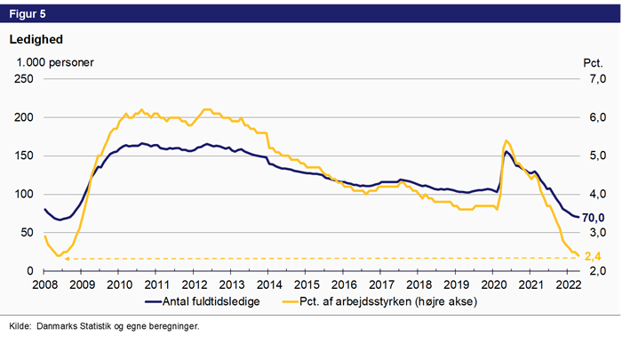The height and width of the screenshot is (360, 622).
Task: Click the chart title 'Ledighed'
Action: click(36, 39)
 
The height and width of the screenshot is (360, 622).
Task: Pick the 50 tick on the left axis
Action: click(27, 232)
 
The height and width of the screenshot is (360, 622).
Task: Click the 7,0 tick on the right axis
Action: click(594, 79)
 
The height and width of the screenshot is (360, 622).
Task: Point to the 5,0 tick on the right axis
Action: click(594, 156)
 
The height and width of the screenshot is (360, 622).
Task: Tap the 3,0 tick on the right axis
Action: click(594, 232)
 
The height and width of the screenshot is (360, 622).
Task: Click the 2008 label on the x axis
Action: click(44, 284)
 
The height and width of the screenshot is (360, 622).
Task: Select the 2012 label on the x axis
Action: click(195, 284)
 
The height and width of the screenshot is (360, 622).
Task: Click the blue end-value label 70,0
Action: click(595, 219)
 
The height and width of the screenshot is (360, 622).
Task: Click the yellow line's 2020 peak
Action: click(506, 140)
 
